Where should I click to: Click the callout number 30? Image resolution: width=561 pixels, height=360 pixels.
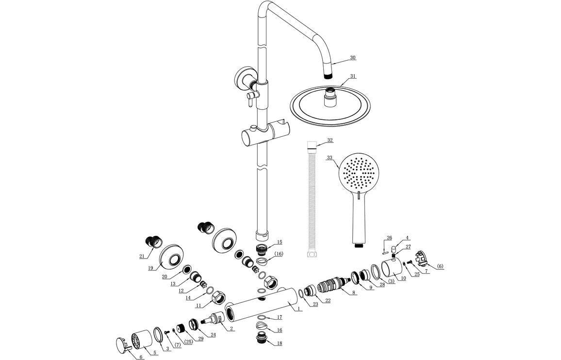(353, 58)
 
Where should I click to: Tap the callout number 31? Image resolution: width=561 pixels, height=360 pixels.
(353, 76)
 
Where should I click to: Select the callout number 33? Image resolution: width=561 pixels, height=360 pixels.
(330, 158)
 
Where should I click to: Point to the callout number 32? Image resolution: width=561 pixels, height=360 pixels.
(330, 140)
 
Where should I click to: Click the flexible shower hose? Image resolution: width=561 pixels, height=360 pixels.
(311, 199)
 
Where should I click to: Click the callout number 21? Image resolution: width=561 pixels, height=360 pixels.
(142, 256)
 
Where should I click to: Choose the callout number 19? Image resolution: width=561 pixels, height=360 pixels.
(151, 268)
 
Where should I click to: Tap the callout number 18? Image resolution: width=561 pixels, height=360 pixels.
(279, 344)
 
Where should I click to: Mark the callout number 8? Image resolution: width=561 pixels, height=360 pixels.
(354, 293)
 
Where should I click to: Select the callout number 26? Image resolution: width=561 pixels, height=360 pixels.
(389, 238)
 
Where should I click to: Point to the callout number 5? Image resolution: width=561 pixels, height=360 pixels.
(155, 353)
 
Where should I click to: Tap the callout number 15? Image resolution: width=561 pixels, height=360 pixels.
(279, 242)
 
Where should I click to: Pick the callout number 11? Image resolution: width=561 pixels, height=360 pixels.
(198, 306)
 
